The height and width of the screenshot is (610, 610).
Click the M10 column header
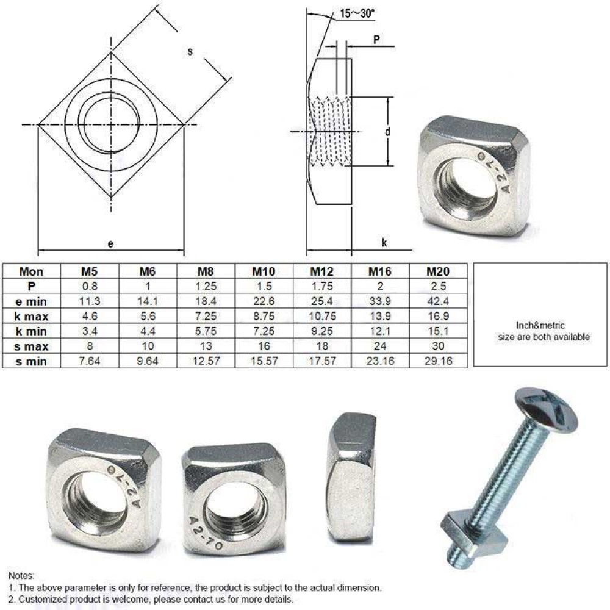pos(264,271)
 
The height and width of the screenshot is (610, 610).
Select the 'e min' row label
pos(31,301)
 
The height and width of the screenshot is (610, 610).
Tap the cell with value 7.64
pos(90,361)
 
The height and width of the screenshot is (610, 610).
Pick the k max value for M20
pos(437,316)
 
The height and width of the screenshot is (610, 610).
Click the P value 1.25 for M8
pos(206,286)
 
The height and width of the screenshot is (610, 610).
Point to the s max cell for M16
pos(380,346)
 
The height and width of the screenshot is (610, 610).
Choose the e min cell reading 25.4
pos(321,301)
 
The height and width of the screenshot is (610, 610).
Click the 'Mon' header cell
pos(31,271)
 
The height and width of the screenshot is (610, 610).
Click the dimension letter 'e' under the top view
pos(110,243)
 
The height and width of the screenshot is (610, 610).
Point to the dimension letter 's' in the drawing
pos(190,52)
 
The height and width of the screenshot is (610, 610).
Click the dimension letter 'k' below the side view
pos(384,243)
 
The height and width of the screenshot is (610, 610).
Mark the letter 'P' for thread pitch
pos(376,38)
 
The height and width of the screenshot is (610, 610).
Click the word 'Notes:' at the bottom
pos(21,575)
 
